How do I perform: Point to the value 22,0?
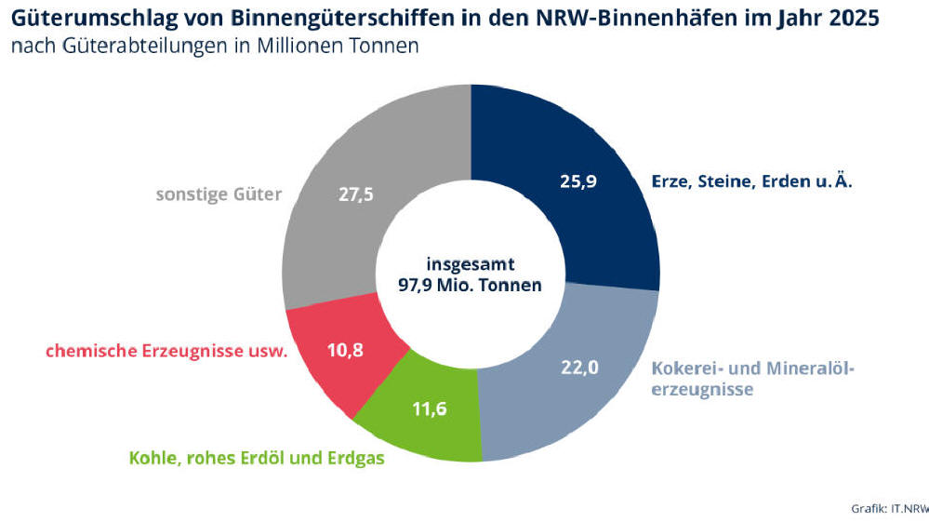(x=578, y=368)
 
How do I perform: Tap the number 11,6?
(x=429, y=408)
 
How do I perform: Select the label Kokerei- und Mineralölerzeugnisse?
(x=752, y=379)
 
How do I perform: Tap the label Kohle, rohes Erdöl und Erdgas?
(x=256, y=457)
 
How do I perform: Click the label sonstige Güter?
(x=219, y=196)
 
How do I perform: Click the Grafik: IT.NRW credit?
(x=889, y=508)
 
